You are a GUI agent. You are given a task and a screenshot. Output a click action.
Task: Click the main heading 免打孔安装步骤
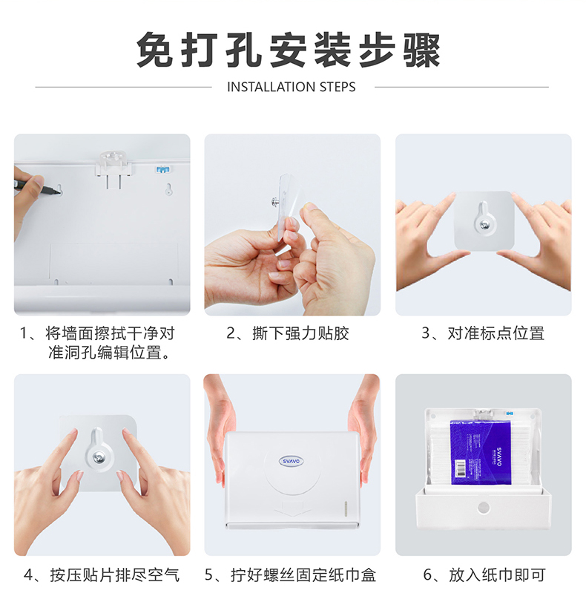pyautogui.click(x=289, y=50)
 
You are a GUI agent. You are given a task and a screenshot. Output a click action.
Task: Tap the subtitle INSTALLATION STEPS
pyautogui.click(x=292, y=87)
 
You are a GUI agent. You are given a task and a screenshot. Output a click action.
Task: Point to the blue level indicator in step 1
pyautogui.click(x=162, y=169)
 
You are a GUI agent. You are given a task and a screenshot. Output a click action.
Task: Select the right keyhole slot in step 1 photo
pyautogui.click(x=169, y=189)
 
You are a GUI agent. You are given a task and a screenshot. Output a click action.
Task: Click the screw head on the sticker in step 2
pyautogui.click(x=275, y=201)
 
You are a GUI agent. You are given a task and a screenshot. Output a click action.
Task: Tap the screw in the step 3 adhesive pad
pyautogui.click(x=482, y=225)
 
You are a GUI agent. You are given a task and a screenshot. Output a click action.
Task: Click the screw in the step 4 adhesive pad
pyautogui.click(x=99, y=457)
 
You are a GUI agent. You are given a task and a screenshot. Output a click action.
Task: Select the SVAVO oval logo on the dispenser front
pyautogui.click(x=292, y=461)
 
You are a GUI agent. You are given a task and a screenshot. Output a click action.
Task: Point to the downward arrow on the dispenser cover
pyautogui.click(x=292, y=508)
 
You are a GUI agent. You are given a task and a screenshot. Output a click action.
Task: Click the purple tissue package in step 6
pyautogui.click(x=481, y=453)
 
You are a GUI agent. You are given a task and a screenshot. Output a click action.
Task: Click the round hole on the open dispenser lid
pyautogui.click(x=483, y=508)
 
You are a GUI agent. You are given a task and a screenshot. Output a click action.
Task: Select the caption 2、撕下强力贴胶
pyautogui.click(x=288, y=333)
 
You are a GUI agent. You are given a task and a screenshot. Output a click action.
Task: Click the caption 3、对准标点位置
pyautogui.click(x=483, y=333)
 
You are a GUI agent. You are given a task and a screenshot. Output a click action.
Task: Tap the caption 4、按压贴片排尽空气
pyautogui.click(x=102, y=575)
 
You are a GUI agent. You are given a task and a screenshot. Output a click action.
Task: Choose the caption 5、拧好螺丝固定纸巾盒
pyautogui.click(x=290, y=575)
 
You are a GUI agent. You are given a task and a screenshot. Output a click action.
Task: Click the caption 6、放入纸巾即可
pyautogui.click(x=484, y=575)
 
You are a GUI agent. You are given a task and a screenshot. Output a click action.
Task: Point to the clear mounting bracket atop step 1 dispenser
pyautogui.click(x=113, y=170)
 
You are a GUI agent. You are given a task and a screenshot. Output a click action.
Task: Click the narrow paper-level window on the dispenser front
pyautogui.click(x=346, y=508)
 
